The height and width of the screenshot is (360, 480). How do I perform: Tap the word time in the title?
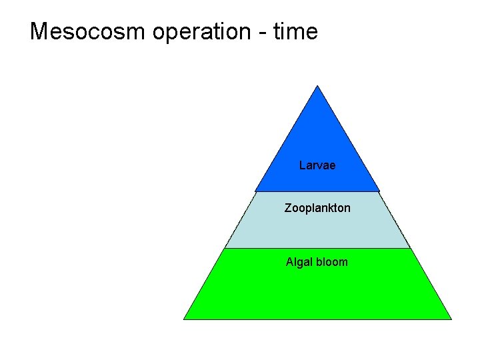coord(295,31)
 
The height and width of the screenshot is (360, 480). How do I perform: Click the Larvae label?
coord(317,165)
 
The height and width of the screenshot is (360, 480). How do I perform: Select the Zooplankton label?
coord(317,208)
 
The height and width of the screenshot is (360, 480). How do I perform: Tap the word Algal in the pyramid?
coord(299,262)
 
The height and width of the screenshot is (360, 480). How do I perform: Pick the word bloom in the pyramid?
coord(331,262)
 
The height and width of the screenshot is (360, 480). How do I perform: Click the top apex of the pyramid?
coord(317,86)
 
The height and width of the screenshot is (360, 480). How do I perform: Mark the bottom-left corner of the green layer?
coord(184,319)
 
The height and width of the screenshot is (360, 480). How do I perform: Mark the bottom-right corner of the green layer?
coord(451,319)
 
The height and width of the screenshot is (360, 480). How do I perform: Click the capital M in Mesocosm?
coord(40,31)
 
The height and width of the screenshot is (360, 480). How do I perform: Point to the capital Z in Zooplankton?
coord(288,208)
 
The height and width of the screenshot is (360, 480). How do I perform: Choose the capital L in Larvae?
coord(303,165)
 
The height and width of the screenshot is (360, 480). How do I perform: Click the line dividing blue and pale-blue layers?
coord(317,192)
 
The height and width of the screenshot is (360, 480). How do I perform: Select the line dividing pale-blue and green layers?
coord(317,248)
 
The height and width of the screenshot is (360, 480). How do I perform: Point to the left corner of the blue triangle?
coord(256,191)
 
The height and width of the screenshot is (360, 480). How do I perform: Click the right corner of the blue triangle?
coord(379,191)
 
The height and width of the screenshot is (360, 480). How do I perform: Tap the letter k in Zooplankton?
coord(328,208)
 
